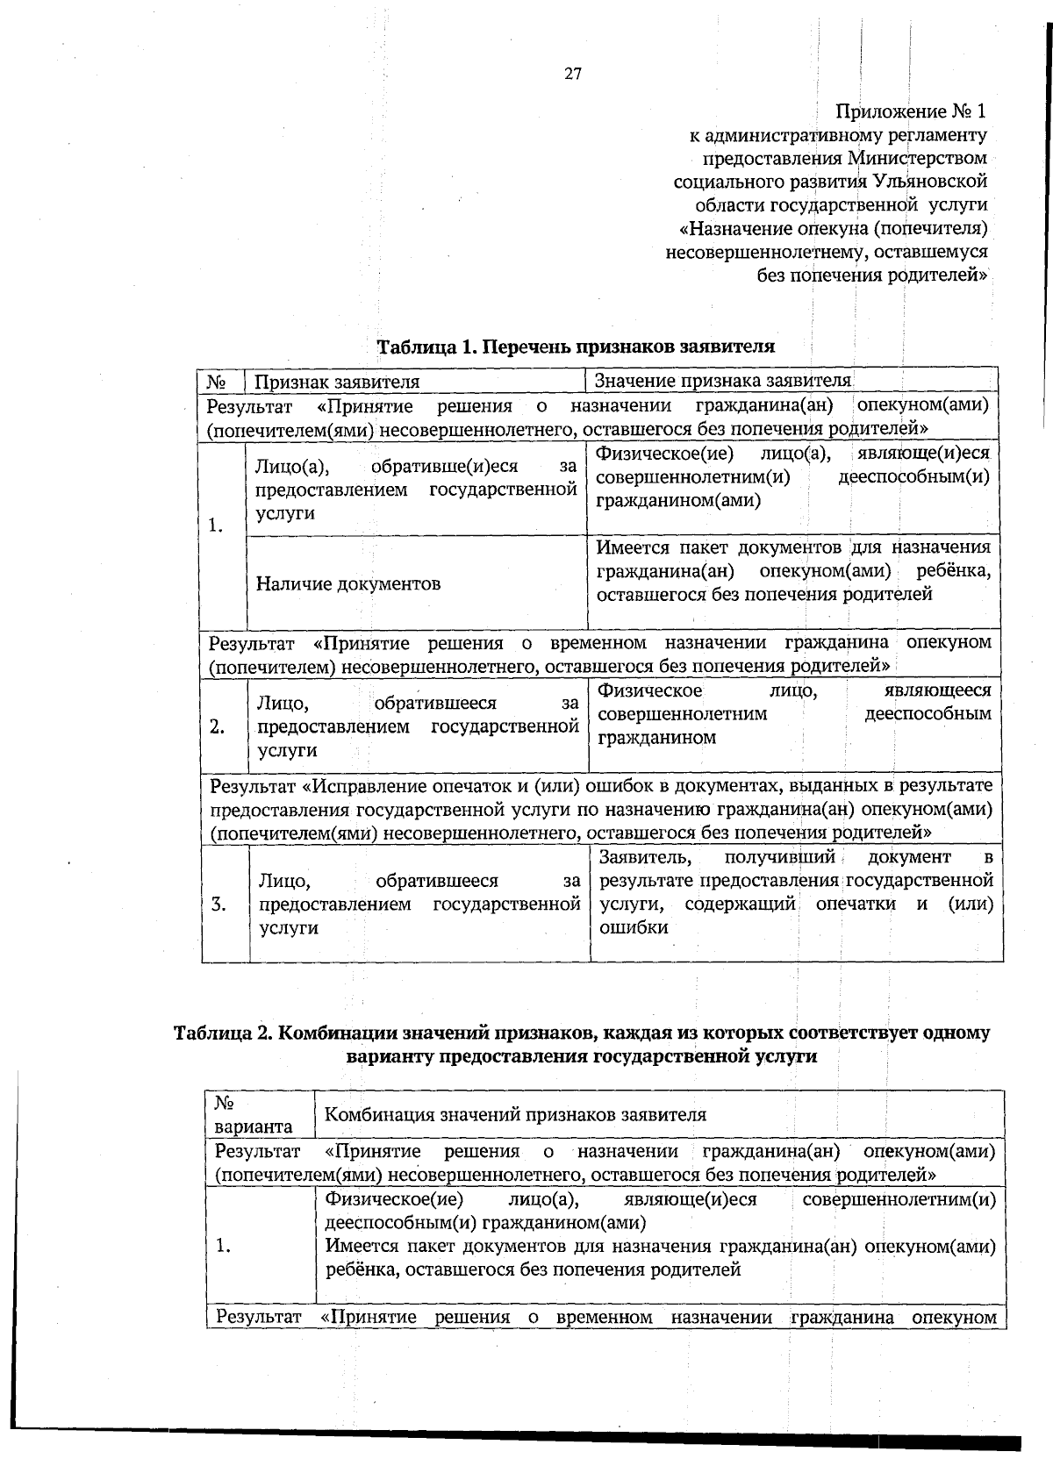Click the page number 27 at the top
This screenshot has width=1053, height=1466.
pyautogui.click(x=572, y=75)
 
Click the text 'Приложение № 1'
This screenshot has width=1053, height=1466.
pyautogui.click(x=911, y=112)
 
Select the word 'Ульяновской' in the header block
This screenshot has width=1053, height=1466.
pyautogui.click(x=930, y=182)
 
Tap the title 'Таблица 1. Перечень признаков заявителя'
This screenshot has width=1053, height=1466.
pyautogui.click(x=576, y=347)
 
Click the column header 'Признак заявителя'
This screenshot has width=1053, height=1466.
pyautogui.click(x=337, y=382)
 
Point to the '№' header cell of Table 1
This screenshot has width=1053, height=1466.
pyautogui.click(x=218, y=382)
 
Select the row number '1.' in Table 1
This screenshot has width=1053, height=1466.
pyautogui.click(x=216, y=526)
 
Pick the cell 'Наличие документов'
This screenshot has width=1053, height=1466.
pyautogui.click(x=348, y=583)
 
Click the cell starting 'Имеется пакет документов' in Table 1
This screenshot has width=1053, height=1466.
pyautogui.click(x=793, y=571)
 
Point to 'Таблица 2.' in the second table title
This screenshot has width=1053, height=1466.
pyautogui.click(x=223, y=1033)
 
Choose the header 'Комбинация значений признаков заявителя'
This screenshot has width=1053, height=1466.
pyautogui.click(x=515, y=1115)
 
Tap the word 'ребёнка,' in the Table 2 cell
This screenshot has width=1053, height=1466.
pyautogui.click(x=360, y=1269)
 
